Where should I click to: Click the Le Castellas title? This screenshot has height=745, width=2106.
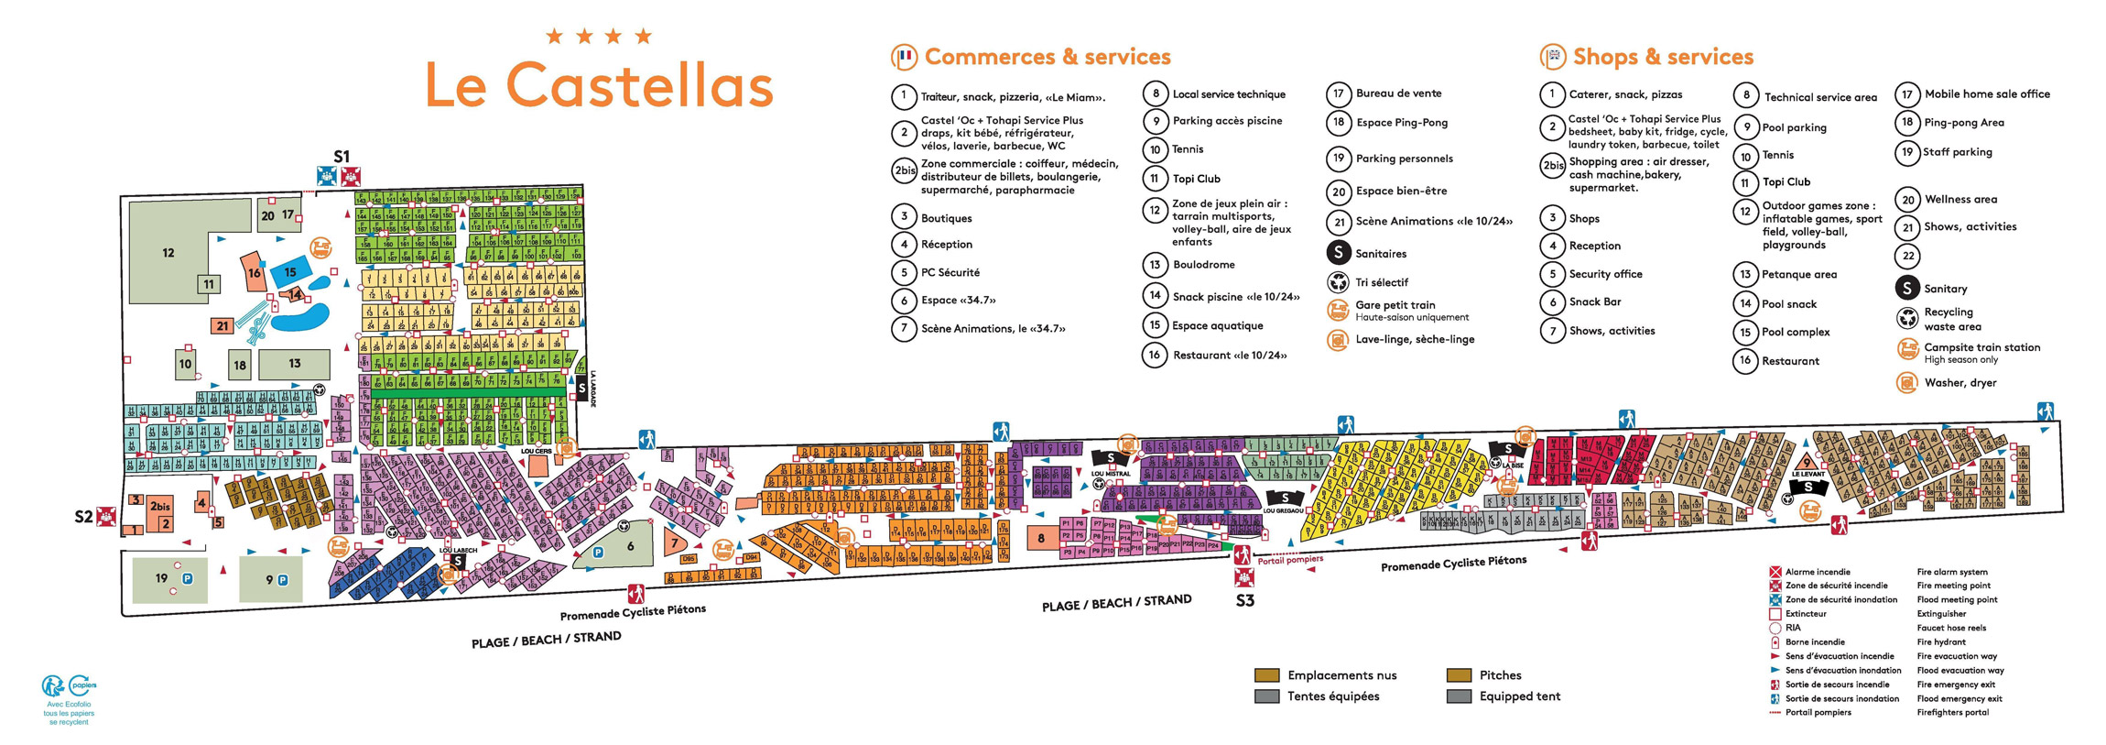[x=600, y=84]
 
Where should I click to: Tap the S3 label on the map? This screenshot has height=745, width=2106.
[x=1244, y=601]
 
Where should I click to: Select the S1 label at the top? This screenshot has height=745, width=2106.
[x=342, y=157]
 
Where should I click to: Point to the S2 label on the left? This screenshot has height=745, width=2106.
[x=83, y=517]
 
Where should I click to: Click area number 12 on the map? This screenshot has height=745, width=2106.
[x=168, y=253]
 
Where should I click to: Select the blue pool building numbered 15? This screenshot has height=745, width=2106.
[x=290, y=271]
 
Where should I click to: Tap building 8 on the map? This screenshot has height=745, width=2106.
[x=1041, y=539]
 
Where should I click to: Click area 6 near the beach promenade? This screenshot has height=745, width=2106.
[x=630, y=546]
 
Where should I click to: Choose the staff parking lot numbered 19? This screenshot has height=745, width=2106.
[x=162, y=578]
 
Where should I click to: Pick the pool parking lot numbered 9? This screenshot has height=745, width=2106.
[x=270, y=579]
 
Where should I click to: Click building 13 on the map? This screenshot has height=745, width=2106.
[x=294, y=364]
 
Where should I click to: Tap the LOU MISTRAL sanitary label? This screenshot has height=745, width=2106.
[x=1111, y=473]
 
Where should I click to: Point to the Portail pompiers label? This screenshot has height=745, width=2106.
[x=1290, y=559]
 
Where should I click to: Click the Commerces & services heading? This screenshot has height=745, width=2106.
[x=1047, y=57]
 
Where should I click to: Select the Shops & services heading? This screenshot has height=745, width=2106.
[x=1662, y=57]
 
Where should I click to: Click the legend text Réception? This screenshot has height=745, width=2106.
[x=947, y=245]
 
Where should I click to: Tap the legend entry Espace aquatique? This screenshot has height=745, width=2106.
[x=1217, y=325]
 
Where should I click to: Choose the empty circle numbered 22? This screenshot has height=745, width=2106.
[x=1907, y=257]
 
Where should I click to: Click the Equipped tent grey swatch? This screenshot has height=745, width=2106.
[x=1459, y=696]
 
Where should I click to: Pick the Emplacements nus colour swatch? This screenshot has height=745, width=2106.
[x=1266, y=675]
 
